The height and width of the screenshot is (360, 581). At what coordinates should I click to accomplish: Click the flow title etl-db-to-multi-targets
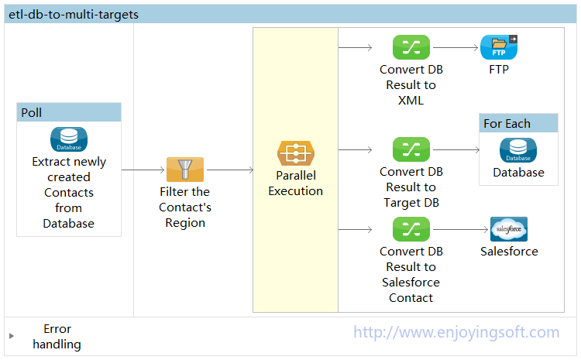click(74, 15)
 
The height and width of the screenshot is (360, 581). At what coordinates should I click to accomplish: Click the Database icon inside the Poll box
click(69, 139)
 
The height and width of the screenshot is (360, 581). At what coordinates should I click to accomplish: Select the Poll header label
click(32, 112)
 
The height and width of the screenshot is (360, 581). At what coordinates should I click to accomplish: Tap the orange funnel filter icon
click(185, 170)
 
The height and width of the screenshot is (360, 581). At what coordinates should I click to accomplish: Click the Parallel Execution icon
click(296, 153)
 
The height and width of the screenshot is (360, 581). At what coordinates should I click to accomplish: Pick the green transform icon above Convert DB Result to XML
click(411, 47)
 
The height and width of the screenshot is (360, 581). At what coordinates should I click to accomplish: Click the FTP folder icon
click(499, 47)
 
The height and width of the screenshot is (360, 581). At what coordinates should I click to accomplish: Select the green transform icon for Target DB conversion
click(411, 149)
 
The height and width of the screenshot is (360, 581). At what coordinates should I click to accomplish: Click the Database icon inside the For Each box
click(518, 150)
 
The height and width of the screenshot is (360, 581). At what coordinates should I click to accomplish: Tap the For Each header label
click(507, 123)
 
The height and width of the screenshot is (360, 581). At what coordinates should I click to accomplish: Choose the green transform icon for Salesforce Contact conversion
click(411, 229)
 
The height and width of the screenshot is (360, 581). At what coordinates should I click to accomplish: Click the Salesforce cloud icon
click(509, 229)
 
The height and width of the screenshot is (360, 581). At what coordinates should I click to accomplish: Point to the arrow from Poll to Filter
click(143, 170)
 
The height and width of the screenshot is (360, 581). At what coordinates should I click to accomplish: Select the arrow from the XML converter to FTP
click(456, 47)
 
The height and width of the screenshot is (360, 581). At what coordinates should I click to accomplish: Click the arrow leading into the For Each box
click(456, 149)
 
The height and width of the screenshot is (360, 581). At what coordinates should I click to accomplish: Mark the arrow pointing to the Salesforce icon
click(461, 230)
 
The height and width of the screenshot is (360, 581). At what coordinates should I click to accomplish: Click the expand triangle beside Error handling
click(12, 336)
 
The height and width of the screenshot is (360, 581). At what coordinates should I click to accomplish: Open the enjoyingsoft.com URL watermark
click(456, 332)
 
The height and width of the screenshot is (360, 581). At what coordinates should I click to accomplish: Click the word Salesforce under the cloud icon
click(509, 251)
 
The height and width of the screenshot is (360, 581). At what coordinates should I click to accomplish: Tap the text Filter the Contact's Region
click(185, 207)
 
